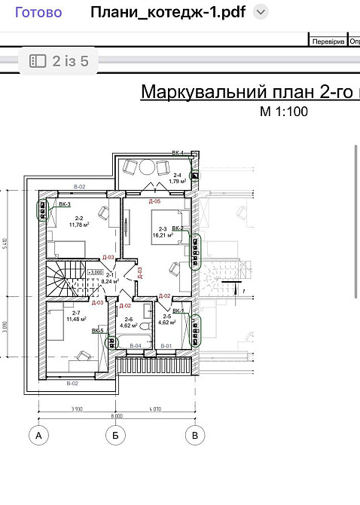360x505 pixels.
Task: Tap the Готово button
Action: (x=39, y=12)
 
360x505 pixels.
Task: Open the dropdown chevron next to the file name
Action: (x=261, y=12)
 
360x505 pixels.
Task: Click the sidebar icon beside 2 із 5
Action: (x=38, y=61)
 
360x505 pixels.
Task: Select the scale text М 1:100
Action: (x=284, y=112)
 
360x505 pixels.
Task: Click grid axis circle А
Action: (x=38, y=435)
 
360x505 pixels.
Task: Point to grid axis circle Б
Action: (x=115, y=435)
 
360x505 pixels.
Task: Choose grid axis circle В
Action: (x=195, y=435)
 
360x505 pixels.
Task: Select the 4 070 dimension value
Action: (x=156, y=407)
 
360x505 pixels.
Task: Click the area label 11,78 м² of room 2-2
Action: (x=79, y=224)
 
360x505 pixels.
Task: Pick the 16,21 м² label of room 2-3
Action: (x=162, y=235)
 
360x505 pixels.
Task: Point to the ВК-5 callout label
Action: (x=98, y=331)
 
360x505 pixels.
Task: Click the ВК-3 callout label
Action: (x=65, y=204)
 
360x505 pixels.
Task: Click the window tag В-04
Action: (x=135, y=346)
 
